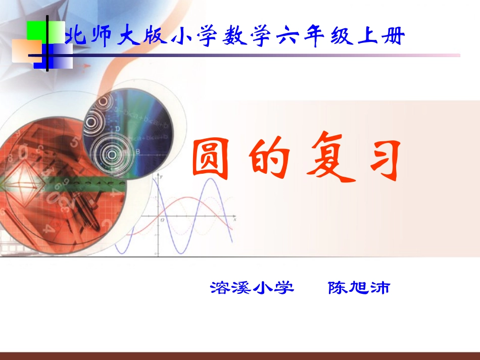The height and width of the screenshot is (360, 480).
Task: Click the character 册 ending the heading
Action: click(x=393, y=37)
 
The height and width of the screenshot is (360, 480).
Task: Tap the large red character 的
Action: click(x=269, y=160)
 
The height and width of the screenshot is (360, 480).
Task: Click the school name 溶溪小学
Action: click(x=252, y=288)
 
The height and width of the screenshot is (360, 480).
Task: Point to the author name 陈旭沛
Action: click(x=359, y=288)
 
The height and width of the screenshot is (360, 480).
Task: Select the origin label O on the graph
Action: click(x=162, y=220)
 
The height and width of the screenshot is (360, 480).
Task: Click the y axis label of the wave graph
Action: click(x=162, y=178)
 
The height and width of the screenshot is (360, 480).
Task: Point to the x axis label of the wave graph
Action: click(x=235, y=213)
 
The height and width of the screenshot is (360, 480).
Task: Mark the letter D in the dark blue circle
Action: click(x=117, y=129)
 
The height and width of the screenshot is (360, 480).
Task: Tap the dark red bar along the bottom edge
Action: click(x=240, y=356)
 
